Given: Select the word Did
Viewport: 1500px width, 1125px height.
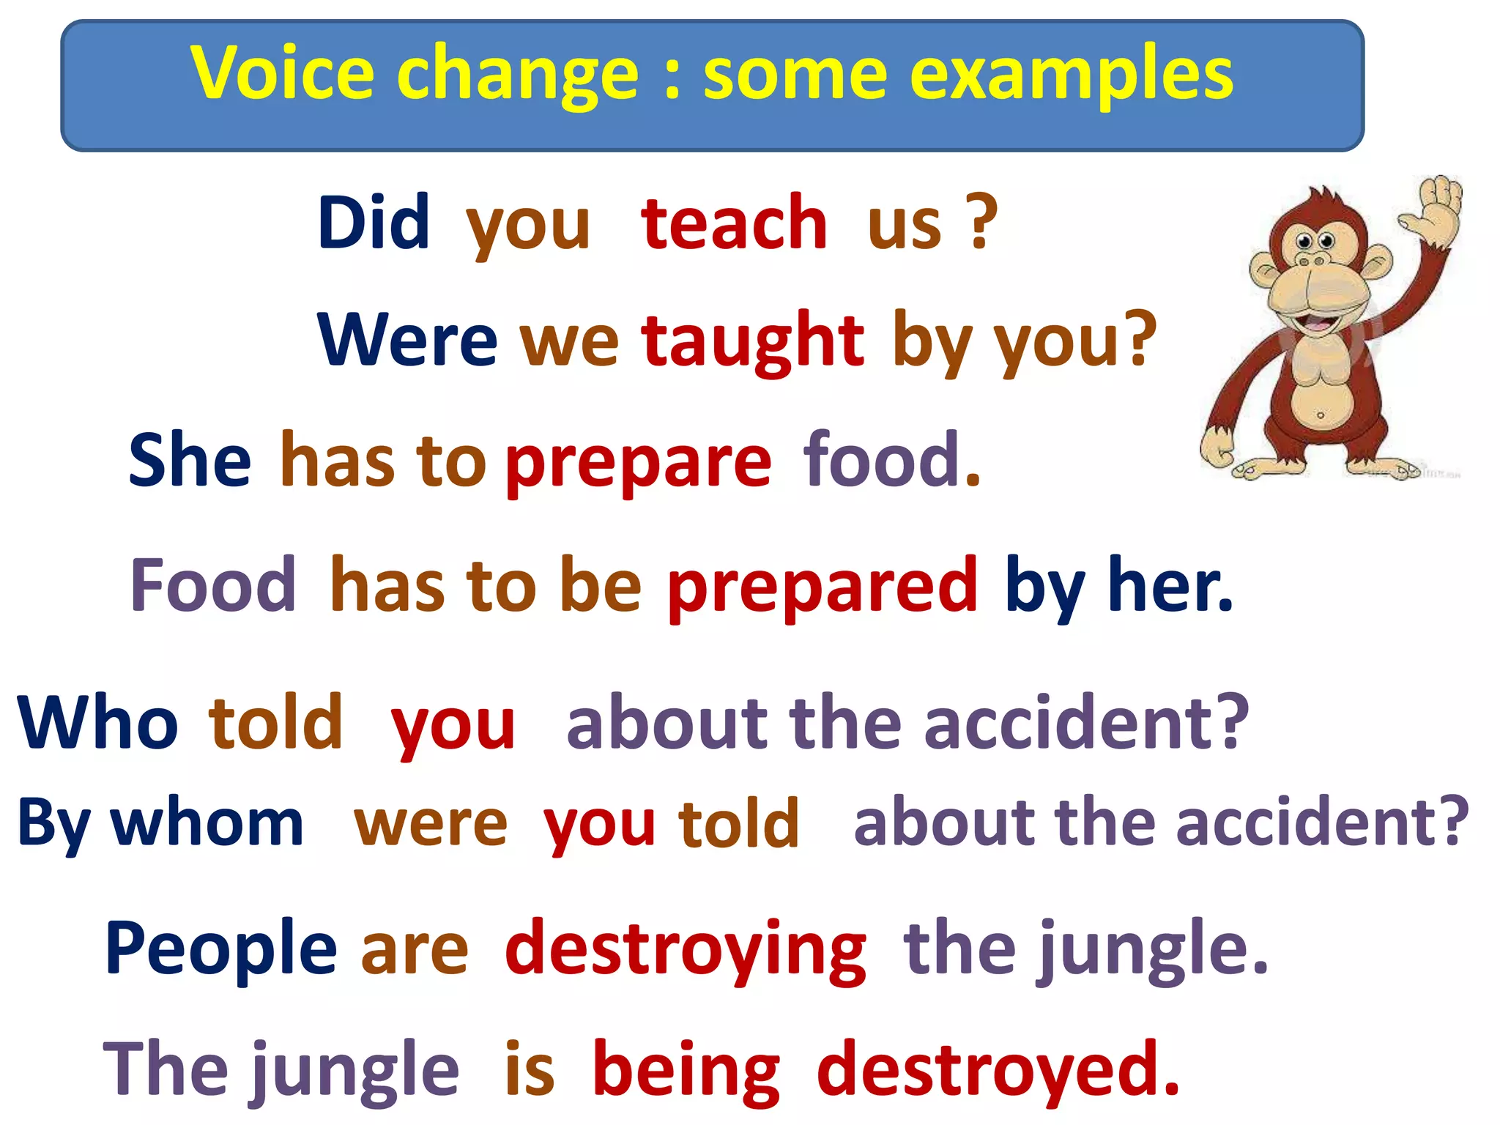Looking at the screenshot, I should tap(374, 223).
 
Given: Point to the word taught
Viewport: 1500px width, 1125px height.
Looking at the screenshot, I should tap(753, 341).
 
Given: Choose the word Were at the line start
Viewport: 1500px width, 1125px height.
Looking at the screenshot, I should tap(407, 341).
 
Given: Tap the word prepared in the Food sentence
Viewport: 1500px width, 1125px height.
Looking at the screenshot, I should tap(822, 586).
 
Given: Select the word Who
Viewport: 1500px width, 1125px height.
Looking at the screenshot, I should tap(97, 723).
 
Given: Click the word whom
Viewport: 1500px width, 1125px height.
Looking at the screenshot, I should tap(207, 823).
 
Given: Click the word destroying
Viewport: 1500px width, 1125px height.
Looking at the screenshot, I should tap(686, 951).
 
